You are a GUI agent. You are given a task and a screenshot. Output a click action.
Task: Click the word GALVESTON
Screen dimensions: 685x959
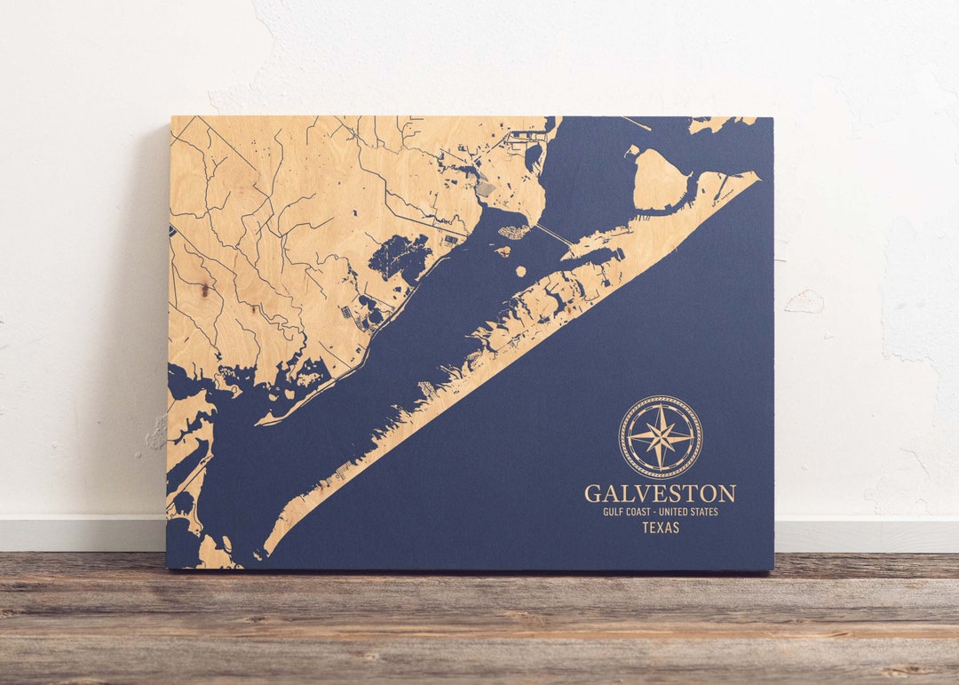coord(660,493)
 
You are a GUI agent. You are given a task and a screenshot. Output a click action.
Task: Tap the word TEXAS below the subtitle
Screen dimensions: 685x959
coord(661,528)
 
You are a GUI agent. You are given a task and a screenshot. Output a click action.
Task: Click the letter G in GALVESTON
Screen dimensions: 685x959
coord(592,493)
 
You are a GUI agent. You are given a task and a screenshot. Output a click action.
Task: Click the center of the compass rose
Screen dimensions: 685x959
coord(660,437)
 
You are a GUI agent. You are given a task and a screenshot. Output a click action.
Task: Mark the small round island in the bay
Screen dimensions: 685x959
coord(519,270)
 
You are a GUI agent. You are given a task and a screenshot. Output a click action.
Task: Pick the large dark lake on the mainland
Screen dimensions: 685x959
coord(400,256)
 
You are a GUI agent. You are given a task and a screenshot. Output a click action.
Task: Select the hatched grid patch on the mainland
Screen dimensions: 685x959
coord(484,189)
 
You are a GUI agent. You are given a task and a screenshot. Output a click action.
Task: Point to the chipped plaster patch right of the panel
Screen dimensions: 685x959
coord(805,302)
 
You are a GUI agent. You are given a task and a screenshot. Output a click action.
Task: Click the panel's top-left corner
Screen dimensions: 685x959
coord(172,117)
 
